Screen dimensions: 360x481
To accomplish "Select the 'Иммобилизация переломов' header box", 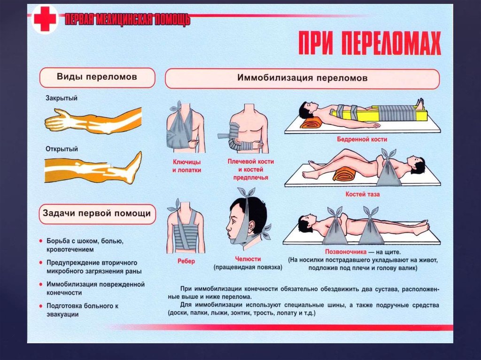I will point(302,78).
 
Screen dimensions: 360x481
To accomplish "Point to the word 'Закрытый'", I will point(62,99).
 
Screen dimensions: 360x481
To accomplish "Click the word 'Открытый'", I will point(62,149).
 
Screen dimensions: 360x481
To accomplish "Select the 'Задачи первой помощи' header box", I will point(98,214).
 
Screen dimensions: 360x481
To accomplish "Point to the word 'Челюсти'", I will point(248,259).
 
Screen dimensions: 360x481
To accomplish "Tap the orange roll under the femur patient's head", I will point(312,123).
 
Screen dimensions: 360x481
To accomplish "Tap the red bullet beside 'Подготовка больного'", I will point(42,306).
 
